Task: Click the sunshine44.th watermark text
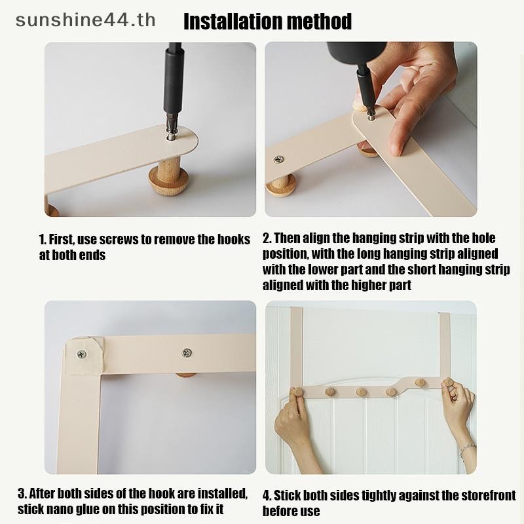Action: coord(85,20)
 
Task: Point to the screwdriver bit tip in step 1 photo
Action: coord(171,135)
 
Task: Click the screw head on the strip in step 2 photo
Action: coord(279,159)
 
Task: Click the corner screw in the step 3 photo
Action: coord(81,354)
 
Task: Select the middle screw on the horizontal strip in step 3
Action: coord(187,352)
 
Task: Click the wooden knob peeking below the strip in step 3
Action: coord(185,375)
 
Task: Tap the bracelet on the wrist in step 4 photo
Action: coord(466,450)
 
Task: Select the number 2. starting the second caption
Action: coord(267,238)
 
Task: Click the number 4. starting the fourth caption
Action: coord(267,496)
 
